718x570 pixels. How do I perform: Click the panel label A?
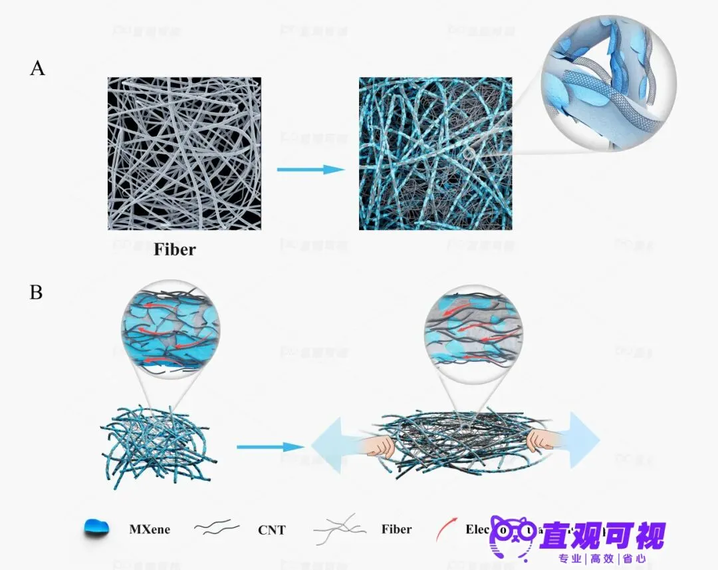[37, 68]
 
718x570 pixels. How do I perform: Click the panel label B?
[36, 291]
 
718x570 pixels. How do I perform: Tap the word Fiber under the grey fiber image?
[175, 250]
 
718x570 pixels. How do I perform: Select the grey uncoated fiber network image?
[184, 154]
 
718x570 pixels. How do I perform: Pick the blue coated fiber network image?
[435, 154]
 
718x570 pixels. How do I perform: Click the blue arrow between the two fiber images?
[310, 170]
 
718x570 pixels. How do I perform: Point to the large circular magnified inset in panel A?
[608, 83]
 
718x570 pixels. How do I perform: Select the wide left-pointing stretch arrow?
[332, 442]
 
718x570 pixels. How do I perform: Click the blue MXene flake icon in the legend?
[97, 528]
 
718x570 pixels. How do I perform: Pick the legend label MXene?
[150, 529]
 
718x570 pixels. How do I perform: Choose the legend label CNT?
[271, 530]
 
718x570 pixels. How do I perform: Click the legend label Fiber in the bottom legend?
[396, 529]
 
